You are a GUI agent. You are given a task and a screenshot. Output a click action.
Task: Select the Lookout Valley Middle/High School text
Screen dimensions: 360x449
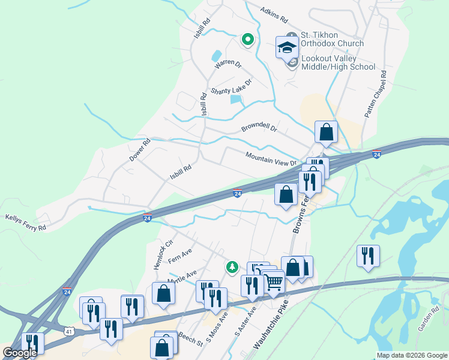pos(337,62)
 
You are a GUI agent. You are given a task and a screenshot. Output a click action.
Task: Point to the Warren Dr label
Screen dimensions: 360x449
pos(228,62)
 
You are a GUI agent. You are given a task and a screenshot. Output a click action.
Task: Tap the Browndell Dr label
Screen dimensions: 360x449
pos(259,128)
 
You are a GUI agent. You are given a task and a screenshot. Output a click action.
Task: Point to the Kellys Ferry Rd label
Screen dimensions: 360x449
pos(25,222)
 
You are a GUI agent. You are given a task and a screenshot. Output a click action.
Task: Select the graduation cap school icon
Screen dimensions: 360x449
pos(287,46)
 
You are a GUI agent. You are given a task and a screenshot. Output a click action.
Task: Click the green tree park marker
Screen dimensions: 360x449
pos(232,267)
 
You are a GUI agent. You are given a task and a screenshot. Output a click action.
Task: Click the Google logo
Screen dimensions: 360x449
pos(20,353)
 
